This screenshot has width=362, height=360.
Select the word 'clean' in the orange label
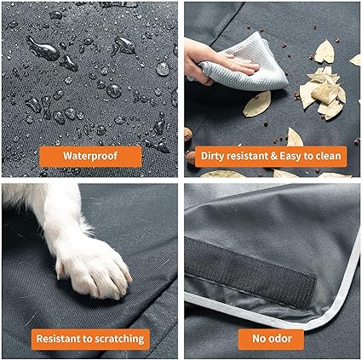pos(328,157)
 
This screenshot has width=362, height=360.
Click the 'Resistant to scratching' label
pos(90,338)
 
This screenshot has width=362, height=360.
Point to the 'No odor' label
pos(272,338)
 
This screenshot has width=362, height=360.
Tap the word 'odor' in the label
pos(282,338)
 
